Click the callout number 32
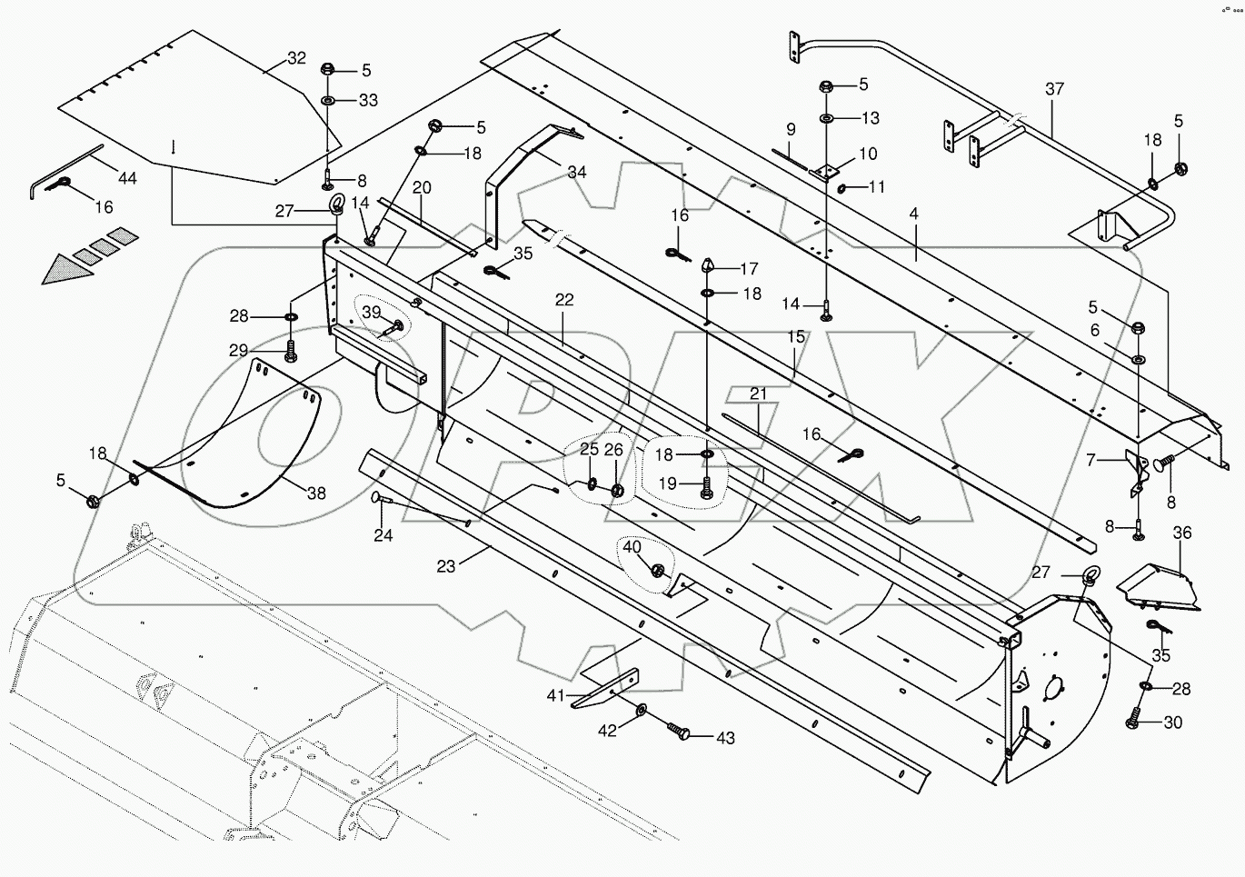pos(296,58)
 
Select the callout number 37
pos(1054,89)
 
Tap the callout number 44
pos(127,178)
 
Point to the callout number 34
pos(577,172)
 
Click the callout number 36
pos(1181,533)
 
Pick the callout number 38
pos(315,493)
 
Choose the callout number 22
pos(565,300)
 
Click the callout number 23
pos(445,565)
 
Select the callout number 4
pos(913,214)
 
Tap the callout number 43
pos(725,738)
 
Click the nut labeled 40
pos(657,570)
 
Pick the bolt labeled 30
pos(1134,722)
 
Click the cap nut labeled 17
pos(708,267)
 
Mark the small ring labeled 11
pos(842,188)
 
